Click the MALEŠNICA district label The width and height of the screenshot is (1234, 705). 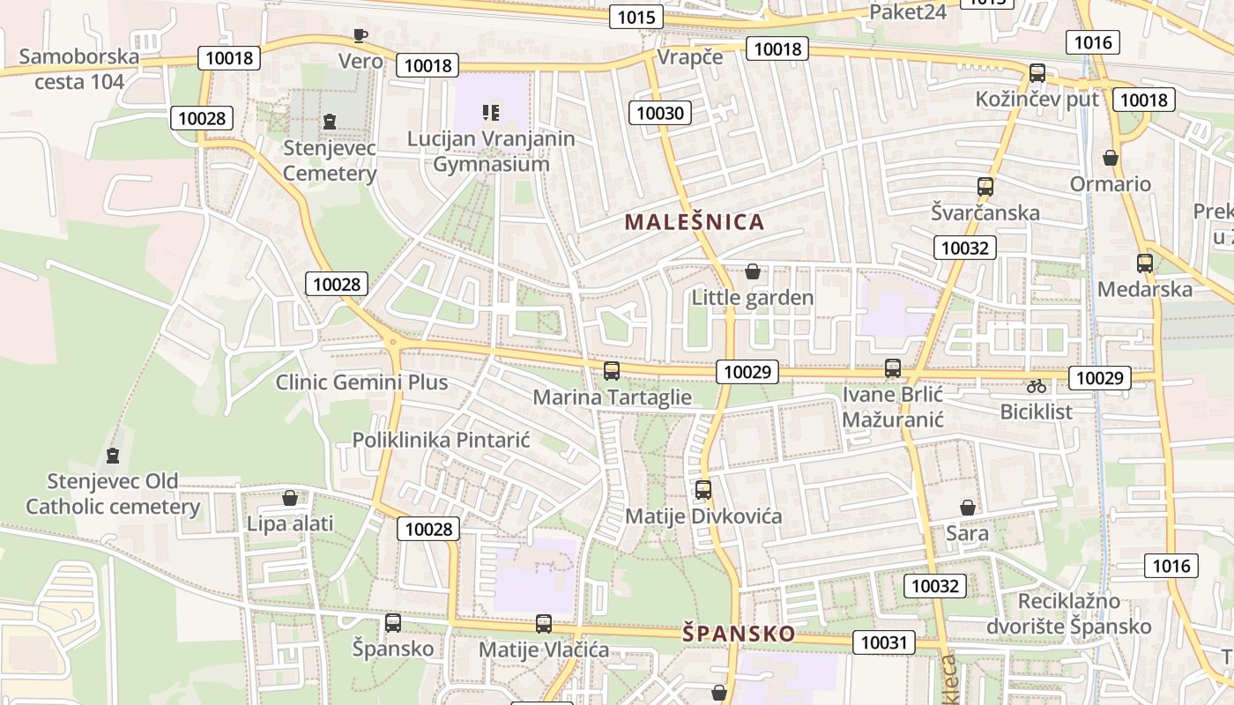click(695, 222)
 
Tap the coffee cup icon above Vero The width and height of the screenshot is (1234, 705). click(360, 35)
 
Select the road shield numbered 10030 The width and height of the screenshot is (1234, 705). click(660, 113)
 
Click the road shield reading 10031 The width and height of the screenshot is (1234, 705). click(882, 642)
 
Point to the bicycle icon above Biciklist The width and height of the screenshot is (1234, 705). click(1036, 386)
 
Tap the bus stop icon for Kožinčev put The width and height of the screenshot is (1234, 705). click(1037, 73)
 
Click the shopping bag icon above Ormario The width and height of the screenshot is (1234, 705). click(1111, 158)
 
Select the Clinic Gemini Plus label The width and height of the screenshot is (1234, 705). click(361, 382)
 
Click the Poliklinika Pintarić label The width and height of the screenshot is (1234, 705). click(441, 440)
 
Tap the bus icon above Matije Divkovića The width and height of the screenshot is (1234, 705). click(702, 490)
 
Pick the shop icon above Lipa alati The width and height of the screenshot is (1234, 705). click(289, 499)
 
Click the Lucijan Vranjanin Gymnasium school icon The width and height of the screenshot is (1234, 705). click(491, 113)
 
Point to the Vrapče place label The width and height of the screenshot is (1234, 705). click(690, 57)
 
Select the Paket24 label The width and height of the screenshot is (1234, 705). click(908, 12)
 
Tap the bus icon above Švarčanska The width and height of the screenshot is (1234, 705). click(985, 187)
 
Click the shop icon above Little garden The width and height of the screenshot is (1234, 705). click(752, 271)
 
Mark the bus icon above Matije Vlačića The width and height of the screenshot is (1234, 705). click(543, 624)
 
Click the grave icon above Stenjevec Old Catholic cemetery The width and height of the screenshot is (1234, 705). click(112, 456)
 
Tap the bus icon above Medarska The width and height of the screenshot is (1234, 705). click(1144, 263)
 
